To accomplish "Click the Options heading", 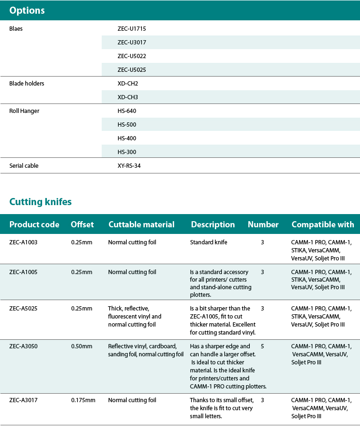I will (x=27, y=10).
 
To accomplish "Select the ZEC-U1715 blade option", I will (x=132, y=29).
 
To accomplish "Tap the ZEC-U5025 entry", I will (x=132, y=70).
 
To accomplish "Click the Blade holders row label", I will (x=27, y=84).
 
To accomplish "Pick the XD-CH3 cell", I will (x=128, y=97).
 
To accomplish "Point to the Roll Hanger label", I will (x=24, y=111).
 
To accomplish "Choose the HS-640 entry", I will (x=127, y=111).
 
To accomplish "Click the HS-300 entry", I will (x=127, y=152).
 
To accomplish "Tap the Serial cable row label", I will (x=24, y=166).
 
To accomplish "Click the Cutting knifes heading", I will (x=40, y=202).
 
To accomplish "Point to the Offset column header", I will (x=82, y=224).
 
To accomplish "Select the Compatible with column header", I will (x=323, y=224).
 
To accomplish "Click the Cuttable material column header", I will (x=141, y=224).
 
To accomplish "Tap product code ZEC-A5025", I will (x=23, y=309).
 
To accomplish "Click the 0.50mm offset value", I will (x=81, y=346).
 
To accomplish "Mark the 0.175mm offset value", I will (x=83, y=400).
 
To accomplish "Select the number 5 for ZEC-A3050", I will (x=262, y=346).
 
